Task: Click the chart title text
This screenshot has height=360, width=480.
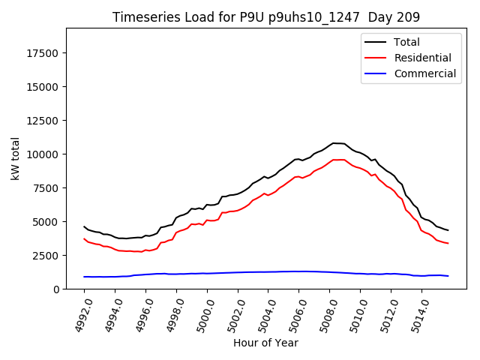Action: [x=265, y=16]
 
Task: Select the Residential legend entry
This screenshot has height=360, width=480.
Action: [x=422, y=58]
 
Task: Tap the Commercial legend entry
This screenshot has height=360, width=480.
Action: [x=424, y=73]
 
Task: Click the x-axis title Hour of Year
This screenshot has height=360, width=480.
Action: [x=265, y=343]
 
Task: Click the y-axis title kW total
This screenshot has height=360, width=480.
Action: [x=15, y=158]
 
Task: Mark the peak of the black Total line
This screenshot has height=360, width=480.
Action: [x=334, y=142]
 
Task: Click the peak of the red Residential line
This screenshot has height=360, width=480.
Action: [x=337, y=159]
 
